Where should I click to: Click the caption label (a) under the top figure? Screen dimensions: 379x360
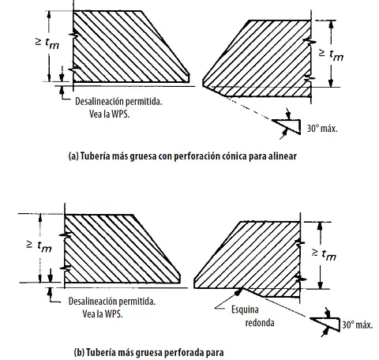coord(73,156)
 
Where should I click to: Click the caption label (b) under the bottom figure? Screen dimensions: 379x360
coord(79,352)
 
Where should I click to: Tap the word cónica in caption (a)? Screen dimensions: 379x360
coord(235,156)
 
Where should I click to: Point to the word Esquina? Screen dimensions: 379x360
coord(245,309)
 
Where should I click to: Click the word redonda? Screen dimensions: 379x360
coord(260,323)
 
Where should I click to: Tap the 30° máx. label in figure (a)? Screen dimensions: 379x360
coord(322,129)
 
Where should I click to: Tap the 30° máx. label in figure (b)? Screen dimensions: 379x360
coord(358,325)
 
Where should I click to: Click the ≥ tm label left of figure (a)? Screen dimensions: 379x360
coord(47,43)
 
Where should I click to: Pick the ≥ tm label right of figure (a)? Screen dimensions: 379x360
coord(332,54)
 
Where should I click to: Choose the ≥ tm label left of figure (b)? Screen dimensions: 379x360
coord(39,246)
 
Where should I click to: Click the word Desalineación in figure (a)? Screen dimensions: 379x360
coord(99,102)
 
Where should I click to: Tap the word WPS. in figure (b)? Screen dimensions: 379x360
coord(114,314)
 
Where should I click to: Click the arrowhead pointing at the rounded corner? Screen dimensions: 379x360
coord(239,291)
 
